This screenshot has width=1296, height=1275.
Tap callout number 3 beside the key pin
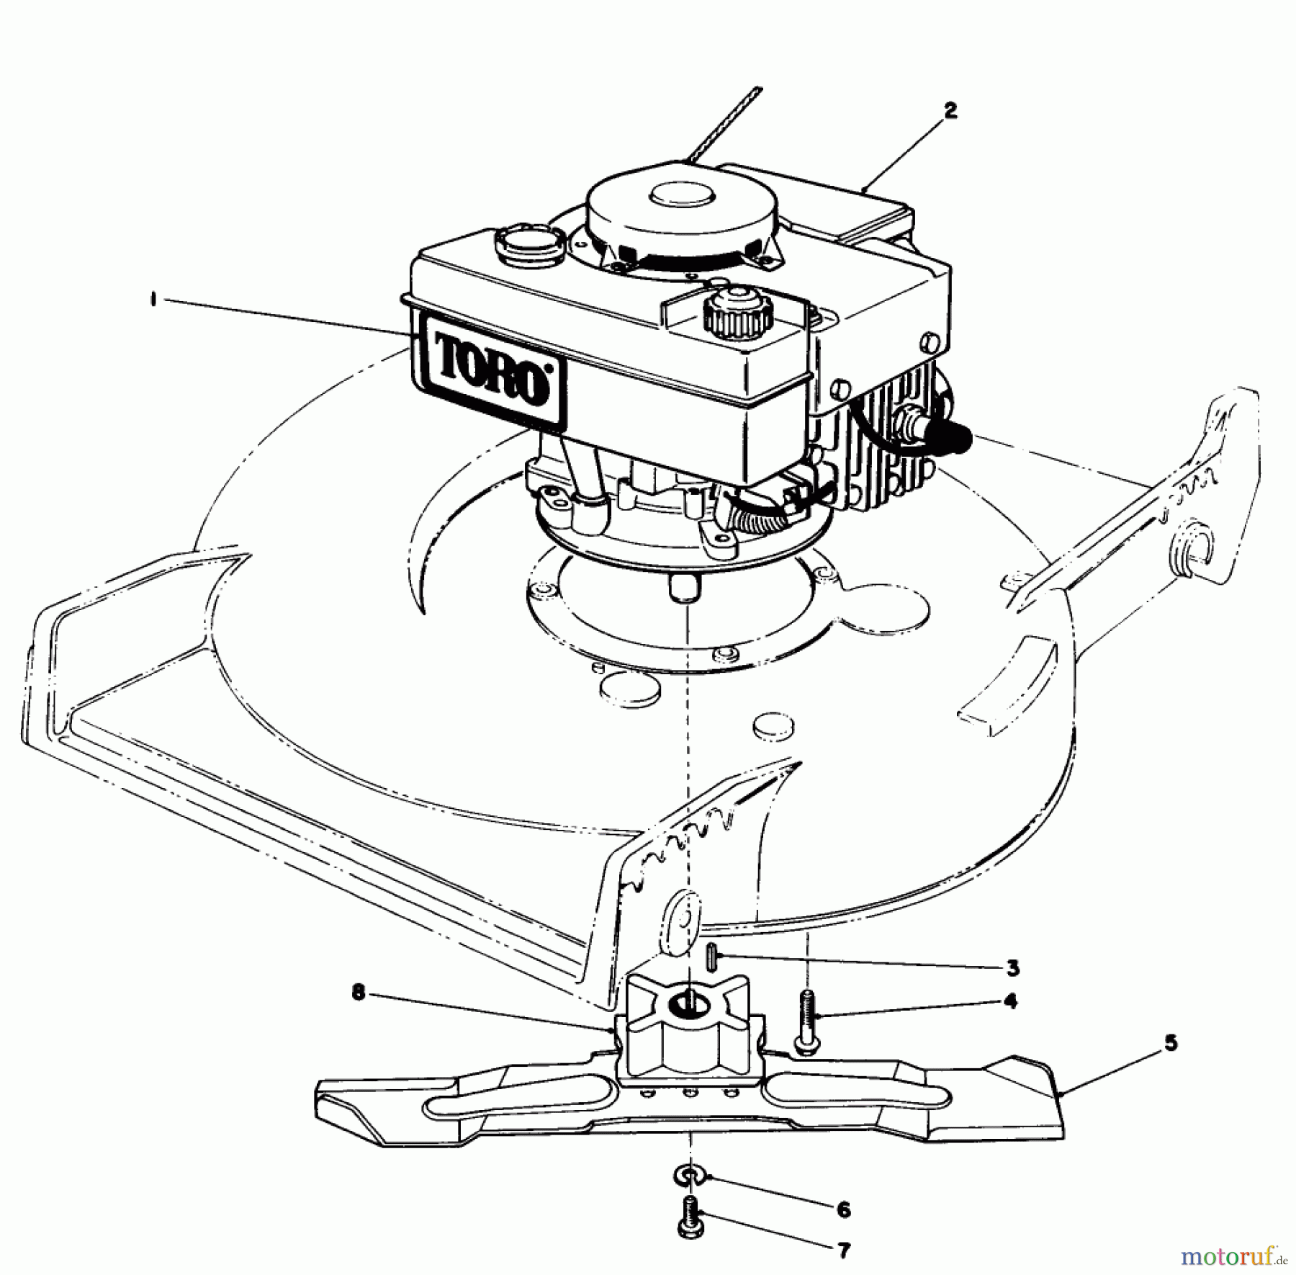coord(1013,968)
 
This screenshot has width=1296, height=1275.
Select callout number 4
coord(1011,1001)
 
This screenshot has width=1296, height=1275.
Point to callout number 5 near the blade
coord(1170,1042)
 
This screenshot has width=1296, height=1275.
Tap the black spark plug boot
coord(949,437)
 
